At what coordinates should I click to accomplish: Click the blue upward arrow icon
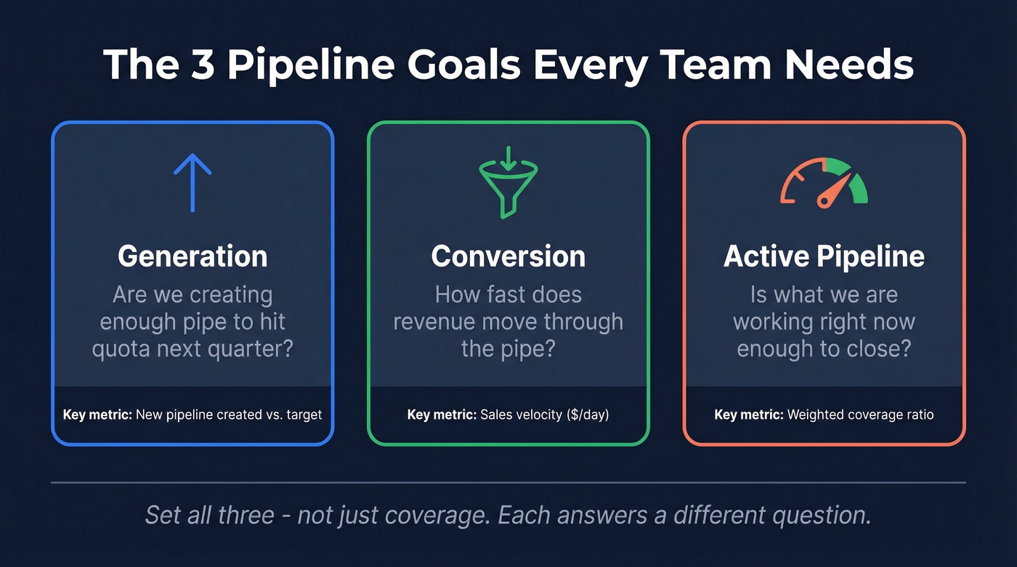[193, 181]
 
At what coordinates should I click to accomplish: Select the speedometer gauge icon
[824, 182]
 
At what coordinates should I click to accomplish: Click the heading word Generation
[193, 256]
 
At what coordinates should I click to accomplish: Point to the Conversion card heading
[508, 256]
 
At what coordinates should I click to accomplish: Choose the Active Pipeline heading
[824, 256]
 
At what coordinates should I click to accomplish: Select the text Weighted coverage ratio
[860, 415]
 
